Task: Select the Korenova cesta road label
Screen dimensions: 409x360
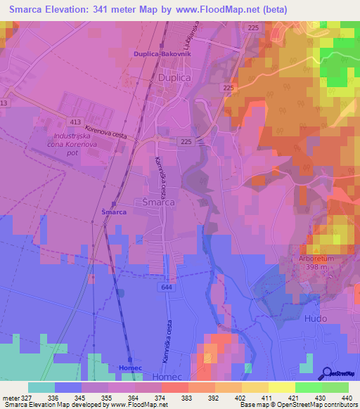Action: click(x=110, y=132)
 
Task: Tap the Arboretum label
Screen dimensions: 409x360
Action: click(x=314, y=259)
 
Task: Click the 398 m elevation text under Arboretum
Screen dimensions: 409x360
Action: click(x=313, y=267)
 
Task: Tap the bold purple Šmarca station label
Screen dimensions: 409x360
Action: click(x=114, y=212)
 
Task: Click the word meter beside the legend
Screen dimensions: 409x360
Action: click(x=11, y=397)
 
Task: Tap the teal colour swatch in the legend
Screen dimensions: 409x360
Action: click(x=41, y=387)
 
